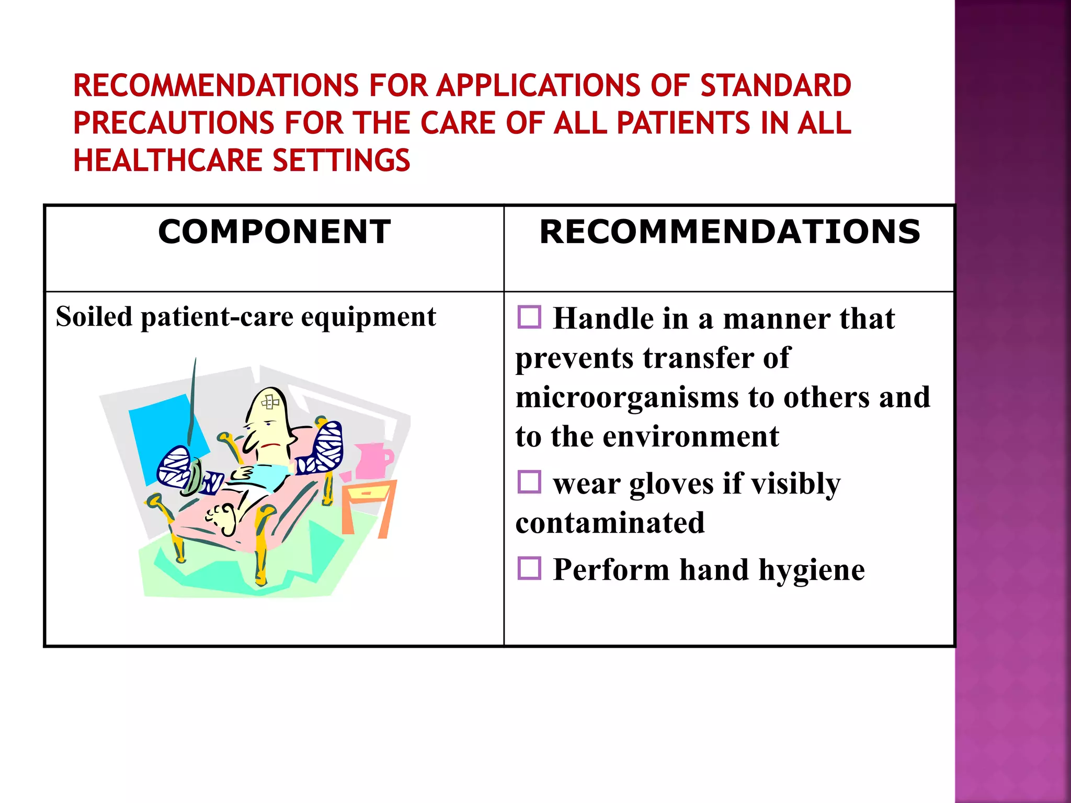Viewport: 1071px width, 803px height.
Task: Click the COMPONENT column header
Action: pyautogui.click(x=274, y=232)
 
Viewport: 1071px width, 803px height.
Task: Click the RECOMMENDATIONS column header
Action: pyautogui.click(x=730, y=232)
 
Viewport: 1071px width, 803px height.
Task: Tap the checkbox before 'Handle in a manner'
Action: pyautogui.click(x=529, y=317)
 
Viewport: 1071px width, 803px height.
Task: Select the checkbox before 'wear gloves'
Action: pyautogui.click(x=529, y=482)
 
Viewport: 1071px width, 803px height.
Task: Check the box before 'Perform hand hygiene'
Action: pyautogui.click(x=529, y=568)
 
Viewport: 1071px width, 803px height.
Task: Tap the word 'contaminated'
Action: pyautogui.click(x=610, y=523)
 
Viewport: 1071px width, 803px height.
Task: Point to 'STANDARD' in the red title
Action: pyautogui.click(x=776, y=86)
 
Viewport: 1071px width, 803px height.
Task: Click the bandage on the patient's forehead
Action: pyautogui.click(x=270, y=402)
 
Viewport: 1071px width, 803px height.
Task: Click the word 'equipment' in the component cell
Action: pyautogui.click(x=368, y=317)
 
